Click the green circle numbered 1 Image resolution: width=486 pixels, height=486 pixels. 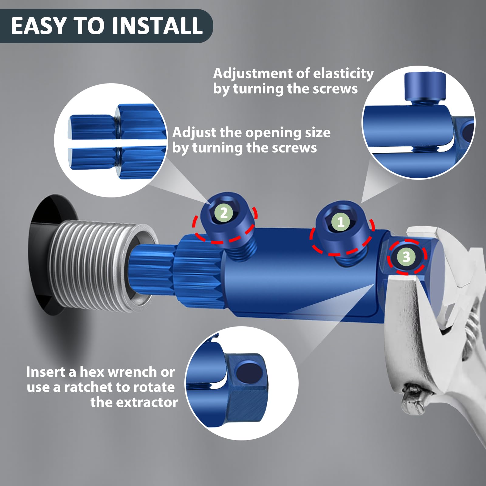tap(341, 222)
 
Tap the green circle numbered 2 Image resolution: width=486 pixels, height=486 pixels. tap(224, 213)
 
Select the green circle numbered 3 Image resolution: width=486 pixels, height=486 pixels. tap(407, 257)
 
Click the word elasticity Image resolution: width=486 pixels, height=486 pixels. tap(343, 74)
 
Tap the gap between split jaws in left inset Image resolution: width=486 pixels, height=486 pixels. tap(117, 144)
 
